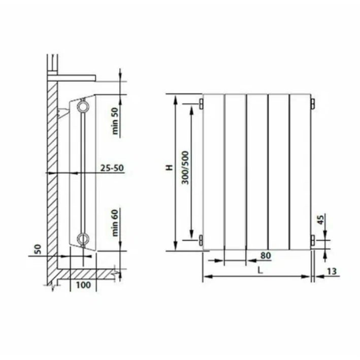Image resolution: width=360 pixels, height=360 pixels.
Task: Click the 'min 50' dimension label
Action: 115,121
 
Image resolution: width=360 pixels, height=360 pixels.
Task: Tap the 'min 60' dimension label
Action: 115,223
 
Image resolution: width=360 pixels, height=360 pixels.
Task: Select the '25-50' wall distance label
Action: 112,168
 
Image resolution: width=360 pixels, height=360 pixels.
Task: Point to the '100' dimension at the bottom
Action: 83,285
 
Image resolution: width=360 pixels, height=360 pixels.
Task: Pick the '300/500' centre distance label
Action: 185,168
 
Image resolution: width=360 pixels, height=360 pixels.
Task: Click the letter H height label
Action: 170,168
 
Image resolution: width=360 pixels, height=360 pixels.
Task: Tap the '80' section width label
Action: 266,255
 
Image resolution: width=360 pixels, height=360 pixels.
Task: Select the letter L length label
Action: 260,271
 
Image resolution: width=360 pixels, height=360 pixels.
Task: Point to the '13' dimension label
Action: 332,271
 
